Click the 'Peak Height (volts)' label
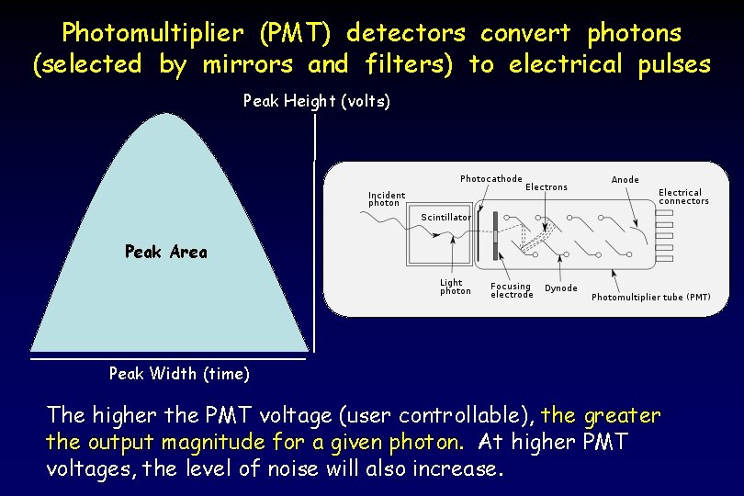pos(316,101)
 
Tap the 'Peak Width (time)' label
pos(178,373)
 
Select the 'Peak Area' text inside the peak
pos(165,252)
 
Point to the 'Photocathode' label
pos(490,179)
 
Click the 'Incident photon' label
pos(386,198)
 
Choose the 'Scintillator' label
pos(445,218)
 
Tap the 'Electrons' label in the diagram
pos(547,187)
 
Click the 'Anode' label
pos(625,180)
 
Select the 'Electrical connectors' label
pos(683,197)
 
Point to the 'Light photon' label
pos(455,287)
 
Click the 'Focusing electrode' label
pos(512,290)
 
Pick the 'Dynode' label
pos(561,288)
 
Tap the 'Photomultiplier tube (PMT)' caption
pos(650,298)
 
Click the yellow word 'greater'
pos(622,415)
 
